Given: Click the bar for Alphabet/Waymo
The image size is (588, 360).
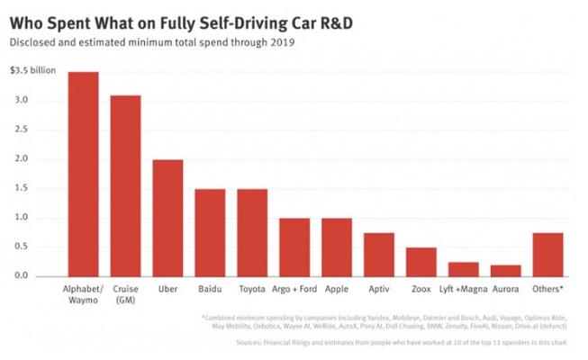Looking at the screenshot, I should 84,174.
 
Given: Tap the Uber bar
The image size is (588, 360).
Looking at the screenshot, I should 168,218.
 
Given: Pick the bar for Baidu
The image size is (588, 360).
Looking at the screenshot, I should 211,232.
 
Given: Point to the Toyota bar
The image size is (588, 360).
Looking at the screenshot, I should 253,232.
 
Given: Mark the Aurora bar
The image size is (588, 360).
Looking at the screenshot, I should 506,270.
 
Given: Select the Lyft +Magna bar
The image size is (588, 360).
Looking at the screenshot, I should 464,269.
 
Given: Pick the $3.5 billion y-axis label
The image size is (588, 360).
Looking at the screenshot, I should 32,70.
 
